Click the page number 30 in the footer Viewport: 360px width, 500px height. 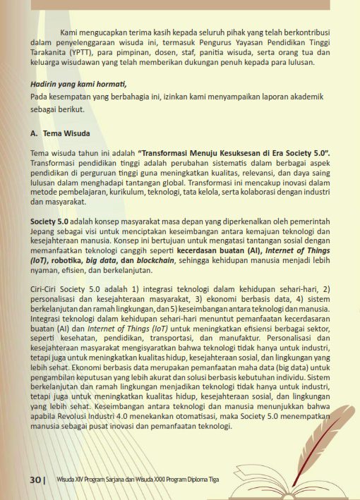pos(35,480)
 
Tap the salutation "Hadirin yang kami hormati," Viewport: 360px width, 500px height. pos(78,85)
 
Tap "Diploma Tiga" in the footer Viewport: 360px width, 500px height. pos(200,480)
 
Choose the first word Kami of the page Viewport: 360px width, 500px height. pos(68,32)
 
